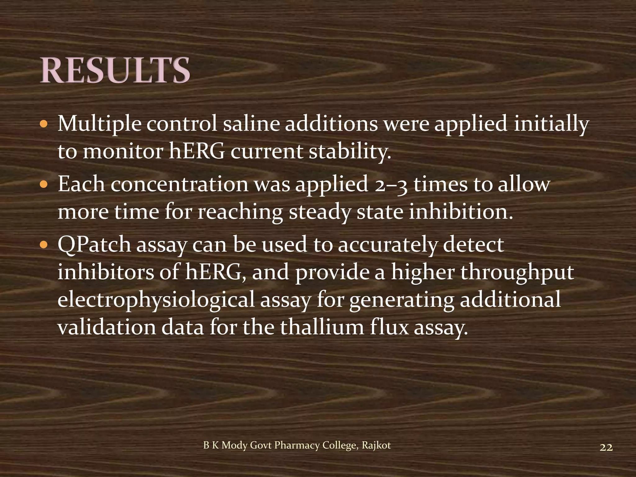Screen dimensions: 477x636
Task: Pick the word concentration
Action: [x=179, y=184]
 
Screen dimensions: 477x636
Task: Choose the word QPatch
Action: [x=94, y=245]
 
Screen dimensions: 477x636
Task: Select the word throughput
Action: [x=517, y=273]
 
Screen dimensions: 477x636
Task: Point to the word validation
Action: [x=107, y=327]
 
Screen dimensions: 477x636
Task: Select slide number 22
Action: [x=606, y=447]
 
